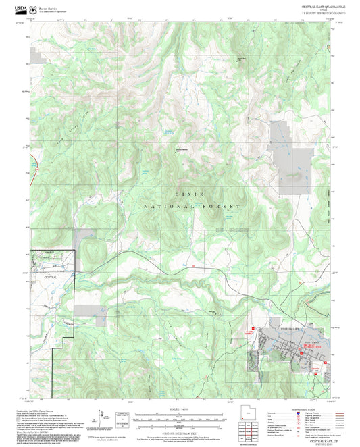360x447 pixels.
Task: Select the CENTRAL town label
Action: (x=51, y=277)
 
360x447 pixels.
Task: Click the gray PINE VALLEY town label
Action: (x=290, y=329)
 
